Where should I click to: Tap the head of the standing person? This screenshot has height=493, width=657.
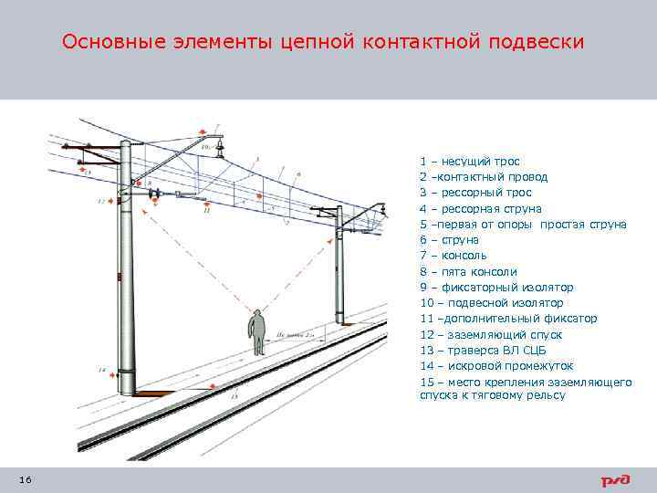(x=259, y=314)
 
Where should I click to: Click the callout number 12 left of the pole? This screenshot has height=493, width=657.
(x=100, y=200)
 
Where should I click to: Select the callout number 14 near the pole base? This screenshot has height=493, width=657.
(x=101, y=370)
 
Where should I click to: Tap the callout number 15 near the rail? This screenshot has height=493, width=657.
(x=235, y=397)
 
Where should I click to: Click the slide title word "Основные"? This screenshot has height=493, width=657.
(x=113, y=42)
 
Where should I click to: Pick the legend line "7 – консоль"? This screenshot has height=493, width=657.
(x=453, y=256)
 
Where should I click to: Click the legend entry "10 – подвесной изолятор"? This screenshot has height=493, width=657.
(x=491, y=302)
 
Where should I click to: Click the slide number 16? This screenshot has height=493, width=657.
(x=25, y=480)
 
